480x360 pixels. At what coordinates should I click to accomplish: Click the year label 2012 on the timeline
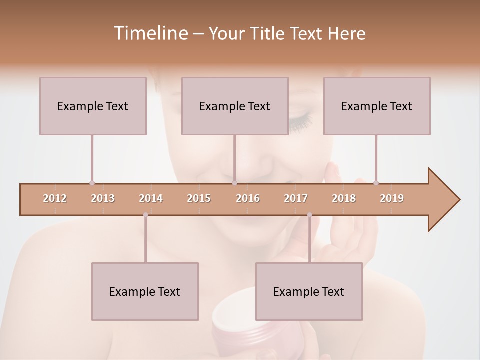pyautogui.click(x=55, y=198)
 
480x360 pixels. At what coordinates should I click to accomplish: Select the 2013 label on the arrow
pyautogui.click(x=103, y=198)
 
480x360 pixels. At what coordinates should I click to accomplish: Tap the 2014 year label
pyautogui.click(x=151, y=198)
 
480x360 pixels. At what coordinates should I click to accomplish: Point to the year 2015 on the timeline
pyautogui.click(x=199, y=198)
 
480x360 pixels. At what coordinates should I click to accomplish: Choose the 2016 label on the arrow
pyautogui.click(x=248, y=198)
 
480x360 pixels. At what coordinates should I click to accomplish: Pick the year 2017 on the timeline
pyautogui.click(x=296, y=198)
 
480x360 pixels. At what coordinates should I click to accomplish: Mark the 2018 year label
pyautogui.click(x=344, y=198)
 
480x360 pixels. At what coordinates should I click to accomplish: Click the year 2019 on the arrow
pyautogui.click(x=392, y=198)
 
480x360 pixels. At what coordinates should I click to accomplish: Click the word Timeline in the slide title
pyautogui.click(x=149, y=33)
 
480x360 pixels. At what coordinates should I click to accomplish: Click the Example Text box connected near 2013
pyautogui.click(x=93, y=106)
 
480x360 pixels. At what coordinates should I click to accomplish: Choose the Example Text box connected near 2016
pyautogui.click(x=235, y=106)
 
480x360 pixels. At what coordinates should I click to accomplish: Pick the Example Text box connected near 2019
pyautogui.click(x=377, y=106)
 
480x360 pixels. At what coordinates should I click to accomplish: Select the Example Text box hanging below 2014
pyautogui.click(x=145, y=291)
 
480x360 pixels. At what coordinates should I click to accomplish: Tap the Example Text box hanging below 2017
pyautogui.click(x=309, y=291)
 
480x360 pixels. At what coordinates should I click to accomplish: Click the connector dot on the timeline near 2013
pyautogui.click(x=92, y=183)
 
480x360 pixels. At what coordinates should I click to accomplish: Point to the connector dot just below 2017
pyautogui.click(x=309, y=215)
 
